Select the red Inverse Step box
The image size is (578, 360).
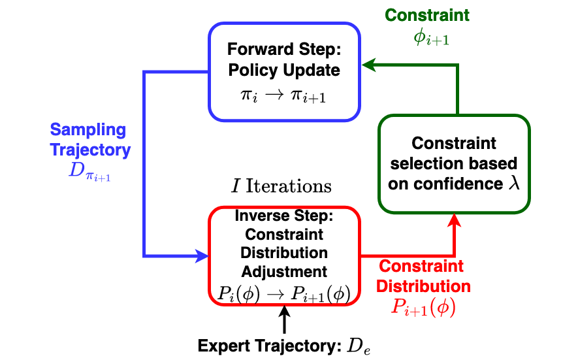(284, 255)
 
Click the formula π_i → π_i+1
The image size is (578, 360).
(284, 97)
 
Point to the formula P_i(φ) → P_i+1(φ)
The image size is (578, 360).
(284, 295)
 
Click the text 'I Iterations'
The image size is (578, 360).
(282, 186)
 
